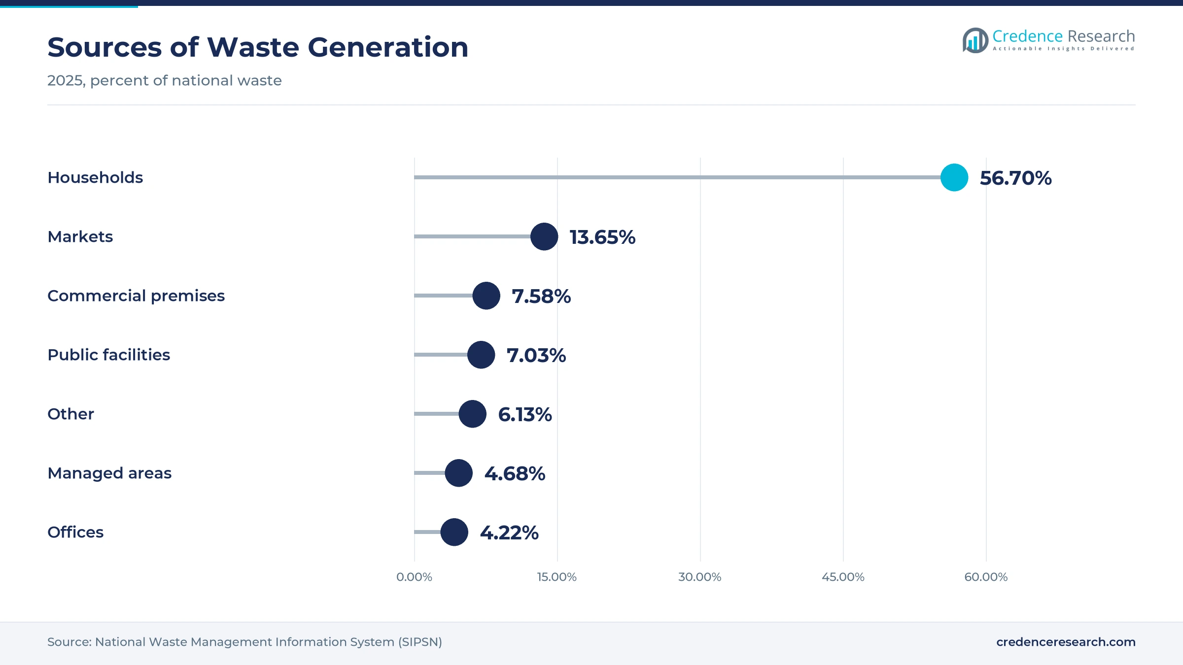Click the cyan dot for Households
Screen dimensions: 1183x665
click(954, 177)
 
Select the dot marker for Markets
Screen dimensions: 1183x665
click(544, 236)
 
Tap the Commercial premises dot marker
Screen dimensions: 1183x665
click(487, 296)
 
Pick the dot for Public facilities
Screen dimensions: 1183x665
click(481, 355)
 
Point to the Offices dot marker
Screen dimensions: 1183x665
click(454, 532)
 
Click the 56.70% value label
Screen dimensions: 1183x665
click(1015, 178)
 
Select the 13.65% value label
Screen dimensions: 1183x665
click(602, 237)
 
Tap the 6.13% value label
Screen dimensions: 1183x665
click(525, 414)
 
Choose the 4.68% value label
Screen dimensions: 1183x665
click(515, 473)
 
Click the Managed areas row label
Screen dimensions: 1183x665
click(109, 473)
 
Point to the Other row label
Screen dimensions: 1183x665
click(70, 414)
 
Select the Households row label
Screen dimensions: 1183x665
click(95, 177)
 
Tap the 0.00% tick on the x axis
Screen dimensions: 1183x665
click(414, 577)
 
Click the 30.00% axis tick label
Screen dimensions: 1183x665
click(700, 577)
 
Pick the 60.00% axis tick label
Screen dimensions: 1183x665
click(986, 577)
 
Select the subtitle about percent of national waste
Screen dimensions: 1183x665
click(165, 80)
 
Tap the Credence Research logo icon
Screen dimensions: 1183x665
click(975, 40)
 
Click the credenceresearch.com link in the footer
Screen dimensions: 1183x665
click(1066, 642)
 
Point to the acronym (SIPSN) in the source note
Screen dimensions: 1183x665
click(420, 642)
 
